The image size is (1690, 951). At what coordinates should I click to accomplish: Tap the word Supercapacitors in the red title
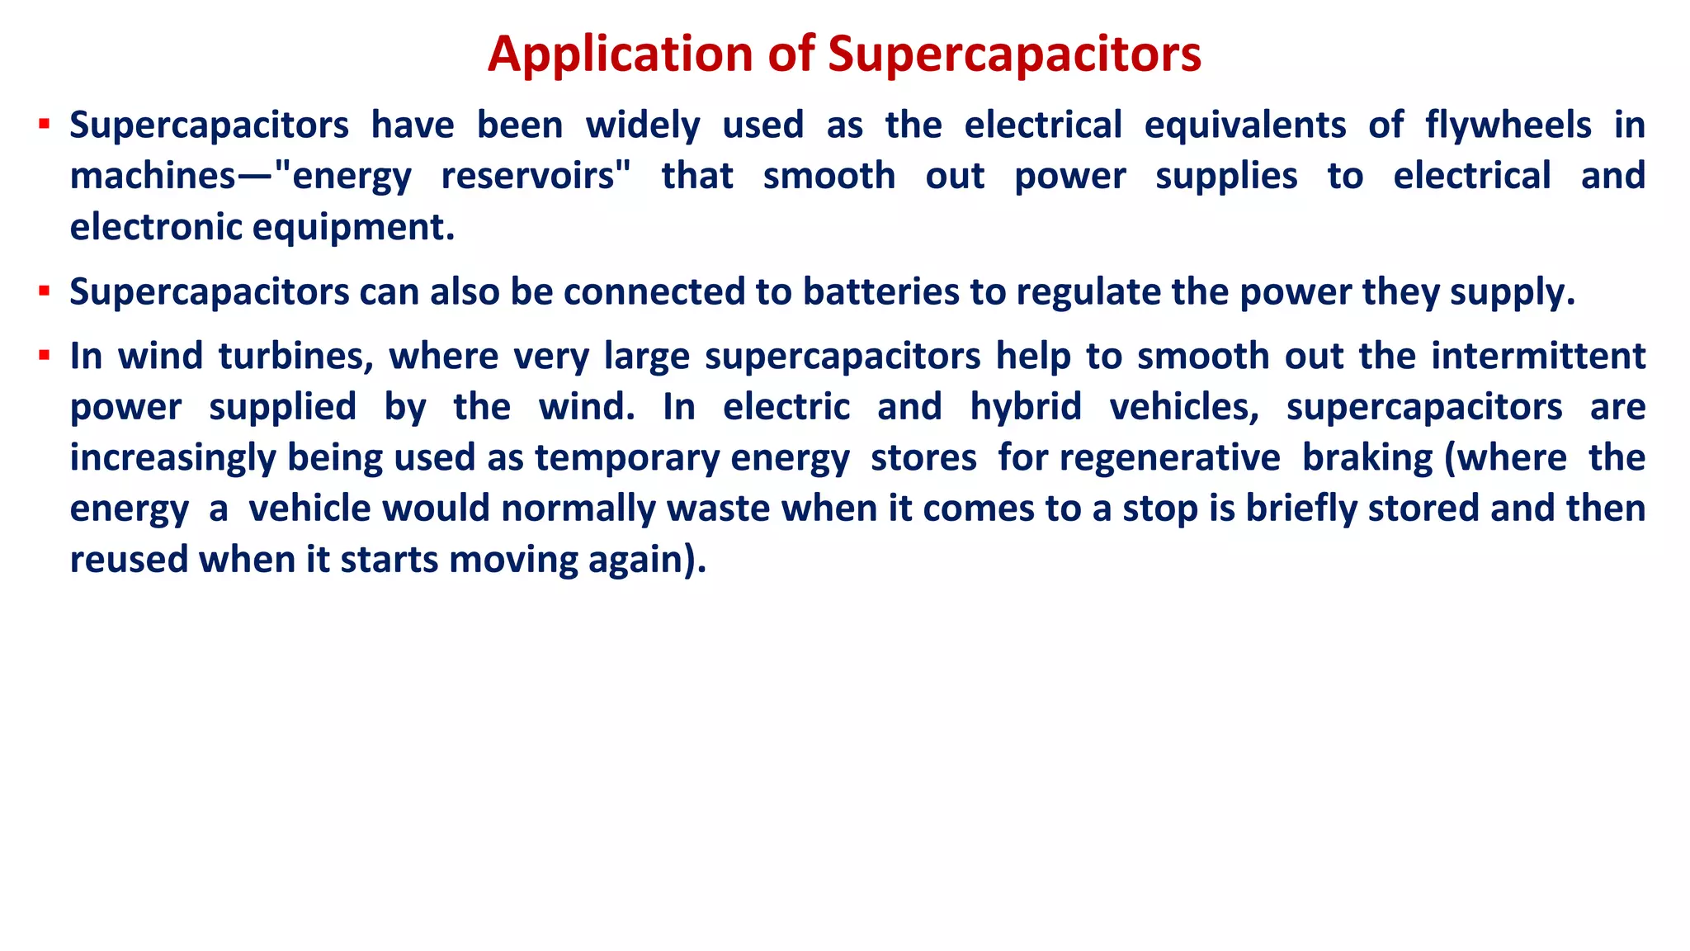[1014, 54]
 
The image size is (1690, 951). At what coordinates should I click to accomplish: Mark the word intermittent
[1538, 357]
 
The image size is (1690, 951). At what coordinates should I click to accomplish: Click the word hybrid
[1026, 407]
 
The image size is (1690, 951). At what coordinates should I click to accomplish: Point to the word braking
[1367, 458]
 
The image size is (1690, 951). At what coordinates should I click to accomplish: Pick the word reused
[130, 560]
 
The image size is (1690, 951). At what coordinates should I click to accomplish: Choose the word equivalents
[1245, 125]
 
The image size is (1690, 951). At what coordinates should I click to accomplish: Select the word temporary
[627, 458]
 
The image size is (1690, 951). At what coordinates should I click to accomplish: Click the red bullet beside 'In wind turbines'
[45, 357]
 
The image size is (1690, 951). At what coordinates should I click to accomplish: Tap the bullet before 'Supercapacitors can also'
[45, 291]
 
